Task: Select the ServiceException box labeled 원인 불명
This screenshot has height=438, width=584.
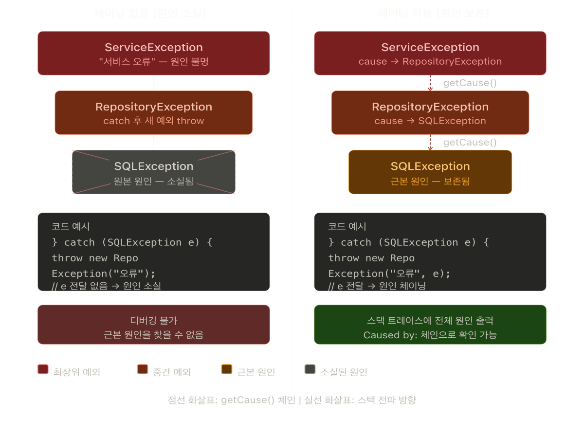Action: click(154, 54)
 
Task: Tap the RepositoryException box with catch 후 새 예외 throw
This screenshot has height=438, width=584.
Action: click(154, 113)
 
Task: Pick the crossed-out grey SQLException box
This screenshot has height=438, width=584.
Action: click(154, 172)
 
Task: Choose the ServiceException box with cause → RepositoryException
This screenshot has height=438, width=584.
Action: click(430, 54)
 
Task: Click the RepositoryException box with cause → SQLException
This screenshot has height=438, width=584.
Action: click(430, 113)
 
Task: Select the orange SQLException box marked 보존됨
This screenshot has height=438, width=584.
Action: click(430, 172)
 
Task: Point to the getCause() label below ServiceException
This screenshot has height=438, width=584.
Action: click(470, 83)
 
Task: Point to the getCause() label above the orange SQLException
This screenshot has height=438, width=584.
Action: click(470, 143)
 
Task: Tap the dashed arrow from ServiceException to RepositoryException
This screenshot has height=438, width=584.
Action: click(430, 83)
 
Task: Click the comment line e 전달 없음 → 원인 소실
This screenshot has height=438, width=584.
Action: click(107, 286)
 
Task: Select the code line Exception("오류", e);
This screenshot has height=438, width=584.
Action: click(389, 274)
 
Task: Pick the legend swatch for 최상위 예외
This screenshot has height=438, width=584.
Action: click(43, 369)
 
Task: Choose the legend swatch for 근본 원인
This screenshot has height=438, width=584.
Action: click(226, 369)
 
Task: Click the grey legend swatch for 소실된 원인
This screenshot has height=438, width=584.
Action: click(310, 369)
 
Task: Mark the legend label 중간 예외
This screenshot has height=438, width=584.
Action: click(171, 372)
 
